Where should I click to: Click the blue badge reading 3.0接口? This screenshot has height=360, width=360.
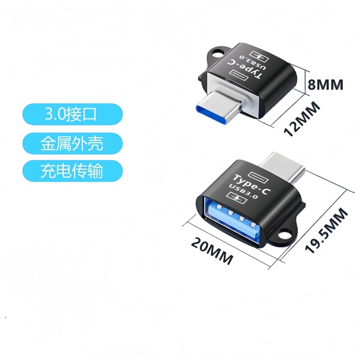72,114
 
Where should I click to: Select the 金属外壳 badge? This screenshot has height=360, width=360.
72,143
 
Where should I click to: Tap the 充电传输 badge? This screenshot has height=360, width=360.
72,171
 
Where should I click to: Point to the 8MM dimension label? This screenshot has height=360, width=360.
325,84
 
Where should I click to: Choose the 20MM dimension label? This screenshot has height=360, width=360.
212,251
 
